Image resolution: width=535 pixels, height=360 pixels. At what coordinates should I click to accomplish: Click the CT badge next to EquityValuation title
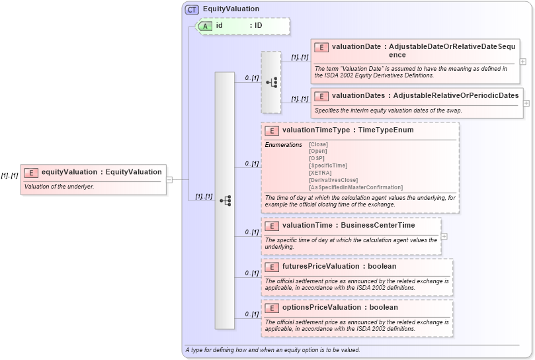pyautogui.click(x=192, y=9)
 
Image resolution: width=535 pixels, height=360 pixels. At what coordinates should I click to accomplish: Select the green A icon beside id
pyautogui.click(x=206, y=26)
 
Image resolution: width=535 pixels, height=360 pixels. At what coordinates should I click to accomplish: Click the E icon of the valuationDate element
pyautogui.click(x=321, y=47)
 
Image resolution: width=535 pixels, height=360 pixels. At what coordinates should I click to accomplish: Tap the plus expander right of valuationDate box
pyautogui.click(x=523, y=62)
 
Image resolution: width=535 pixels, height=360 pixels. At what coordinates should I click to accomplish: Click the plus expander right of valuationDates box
pyautogui.click(x=526, y=103)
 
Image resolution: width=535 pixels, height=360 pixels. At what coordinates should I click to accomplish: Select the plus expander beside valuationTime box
pyautogui.click(x=444, y=236)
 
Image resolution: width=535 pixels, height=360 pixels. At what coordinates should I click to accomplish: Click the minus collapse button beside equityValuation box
pyautogui.click(x=169, y=179)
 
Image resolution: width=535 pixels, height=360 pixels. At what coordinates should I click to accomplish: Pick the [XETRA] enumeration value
pyautogui.click(x=321, y=173)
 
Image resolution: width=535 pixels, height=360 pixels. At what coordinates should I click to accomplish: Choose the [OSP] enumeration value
pyautogui.click(x=317, y=158)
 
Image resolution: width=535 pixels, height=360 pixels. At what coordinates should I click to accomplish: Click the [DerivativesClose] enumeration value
pyautogui.click(x=333, y=180)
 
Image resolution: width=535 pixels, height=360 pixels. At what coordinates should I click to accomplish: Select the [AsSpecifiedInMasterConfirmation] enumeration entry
pyautogui.click(x=356, y=187)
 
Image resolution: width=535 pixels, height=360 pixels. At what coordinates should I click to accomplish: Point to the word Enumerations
pyautogui.click(x=283, y=144)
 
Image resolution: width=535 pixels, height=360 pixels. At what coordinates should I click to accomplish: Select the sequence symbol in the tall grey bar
pyautogui.click(x=225, y=200)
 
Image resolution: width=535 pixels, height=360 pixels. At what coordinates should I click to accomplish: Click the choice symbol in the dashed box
pyautogui.click(x=271, y=82)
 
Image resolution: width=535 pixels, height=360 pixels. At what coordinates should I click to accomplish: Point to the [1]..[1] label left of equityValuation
pyautogui.click(x=9, y=175)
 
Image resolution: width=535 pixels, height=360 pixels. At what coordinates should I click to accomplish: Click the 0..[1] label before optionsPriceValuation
pyautogui.click(x=251, y=314)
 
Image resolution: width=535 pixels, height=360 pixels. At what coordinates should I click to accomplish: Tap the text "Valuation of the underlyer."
pyautogui.click(x=60, y=187)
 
